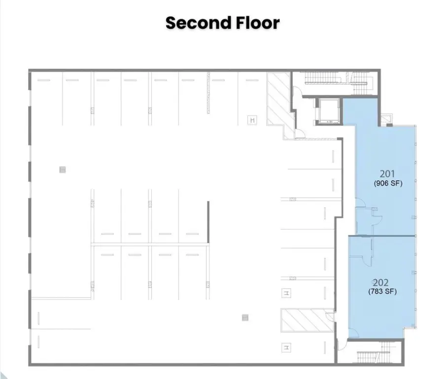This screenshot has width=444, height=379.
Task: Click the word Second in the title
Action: click(x=198, y=23)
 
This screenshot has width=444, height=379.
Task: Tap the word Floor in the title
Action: click(x=258, y=23)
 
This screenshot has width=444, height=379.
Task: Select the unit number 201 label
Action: click(x=387, y=174)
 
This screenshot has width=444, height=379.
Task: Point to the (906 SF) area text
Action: click(x=388, y=183)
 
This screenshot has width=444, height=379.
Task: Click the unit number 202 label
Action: click(x=380, y=282)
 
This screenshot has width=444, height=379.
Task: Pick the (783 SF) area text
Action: click(x=382, y=291)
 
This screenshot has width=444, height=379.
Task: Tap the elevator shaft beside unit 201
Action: click(x=329, y=112)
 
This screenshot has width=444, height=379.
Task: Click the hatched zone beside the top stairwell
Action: click(x=279, y=105)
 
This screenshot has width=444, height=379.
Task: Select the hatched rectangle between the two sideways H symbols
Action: click(x=307, y=320)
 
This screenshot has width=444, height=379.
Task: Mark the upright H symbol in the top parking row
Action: click(x=252, y=120)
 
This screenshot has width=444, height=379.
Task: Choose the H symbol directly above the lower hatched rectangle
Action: click(x=287, y=293)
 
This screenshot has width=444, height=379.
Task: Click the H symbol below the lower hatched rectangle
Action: click(x=287, y=347)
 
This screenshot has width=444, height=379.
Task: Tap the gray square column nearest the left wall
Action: click(x=63, y=170)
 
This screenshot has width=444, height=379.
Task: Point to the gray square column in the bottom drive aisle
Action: click(x=245, y=318)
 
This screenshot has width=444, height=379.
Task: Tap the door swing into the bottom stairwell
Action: click(x=342, y=344)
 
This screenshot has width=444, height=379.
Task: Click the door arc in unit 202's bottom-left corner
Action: click(x=353, y=333)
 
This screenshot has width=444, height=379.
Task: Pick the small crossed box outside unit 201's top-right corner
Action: click(x=386, y=119)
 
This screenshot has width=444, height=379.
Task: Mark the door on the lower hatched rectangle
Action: click(x=330, y=316)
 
